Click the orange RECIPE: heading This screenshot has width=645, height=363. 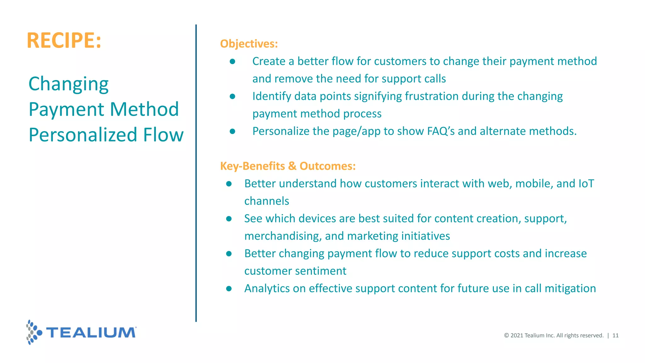(x=64, y=40)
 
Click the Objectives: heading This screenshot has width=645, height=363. (x=249, y=43)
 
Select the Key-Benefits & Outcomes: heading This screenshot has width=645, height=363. (x=288, y=166)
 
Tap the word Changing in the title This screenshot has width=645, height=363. (x=69, y=84)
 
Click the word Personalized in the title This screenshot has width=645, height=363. (x=83, y=135)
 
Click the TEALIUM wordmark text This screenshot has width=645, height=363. (x=91, y=332)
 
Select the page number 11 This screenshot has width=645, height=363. (x=615, y=335)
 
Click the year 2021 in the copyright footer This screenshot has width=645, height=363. (x=517, y=335)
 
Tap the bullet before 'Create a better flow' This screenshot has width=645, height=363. (x=232, y=61)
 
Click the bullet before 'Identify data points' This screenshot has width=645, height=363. (x=232, y=96)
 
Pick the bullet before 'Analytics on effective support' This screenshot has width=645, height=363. (x=229, y=288)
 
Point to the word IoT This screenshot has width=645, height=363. (x=586, y=183)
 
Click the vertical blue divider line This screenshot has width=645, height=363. (x=196, y=173)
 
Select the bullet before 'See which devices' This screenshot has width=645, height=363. (x=229, y=218)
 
